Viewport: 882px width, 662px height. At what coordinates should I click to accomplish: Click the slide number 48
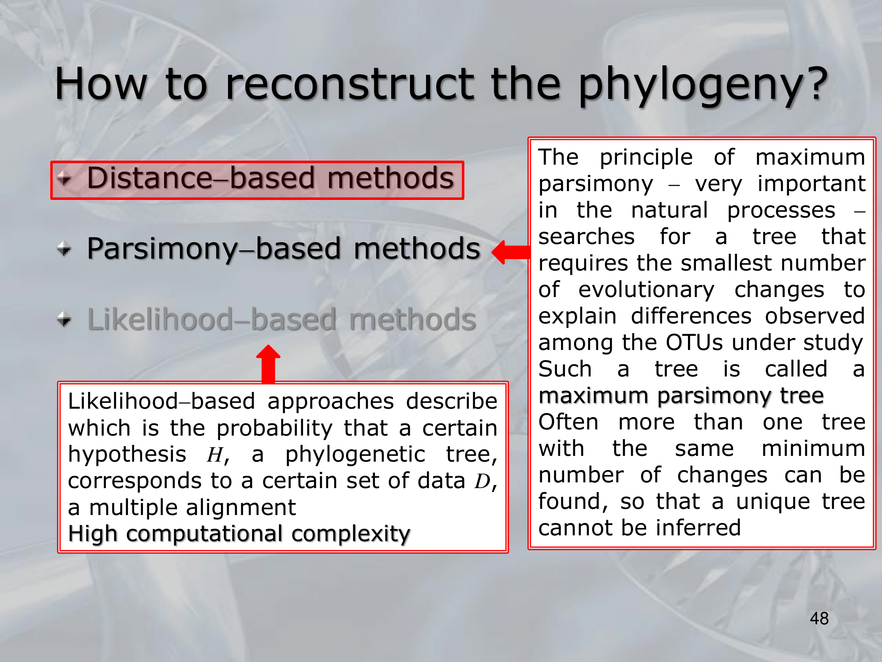click(x=819, y=618)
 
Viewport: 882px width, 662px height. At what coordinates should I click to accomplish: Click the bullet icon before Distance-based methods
click(x=64, y=178)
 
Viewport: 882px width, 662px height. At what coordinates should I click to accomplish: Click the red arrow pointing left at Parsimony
click(x=510, y=252)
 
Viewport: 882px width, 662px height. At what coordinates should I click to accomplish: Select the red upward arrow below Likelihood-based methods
click(x=268, y=364)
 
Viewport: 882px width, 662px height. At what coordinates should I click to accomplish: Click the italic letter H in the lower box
click(x=215, y=455)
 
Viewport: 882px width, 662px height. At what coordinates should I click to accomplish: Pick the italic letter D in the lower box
click(x=482, y=481)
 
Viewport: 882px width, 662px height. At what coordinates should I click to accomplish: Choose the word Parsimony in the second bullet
click(x=163, y=250)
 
